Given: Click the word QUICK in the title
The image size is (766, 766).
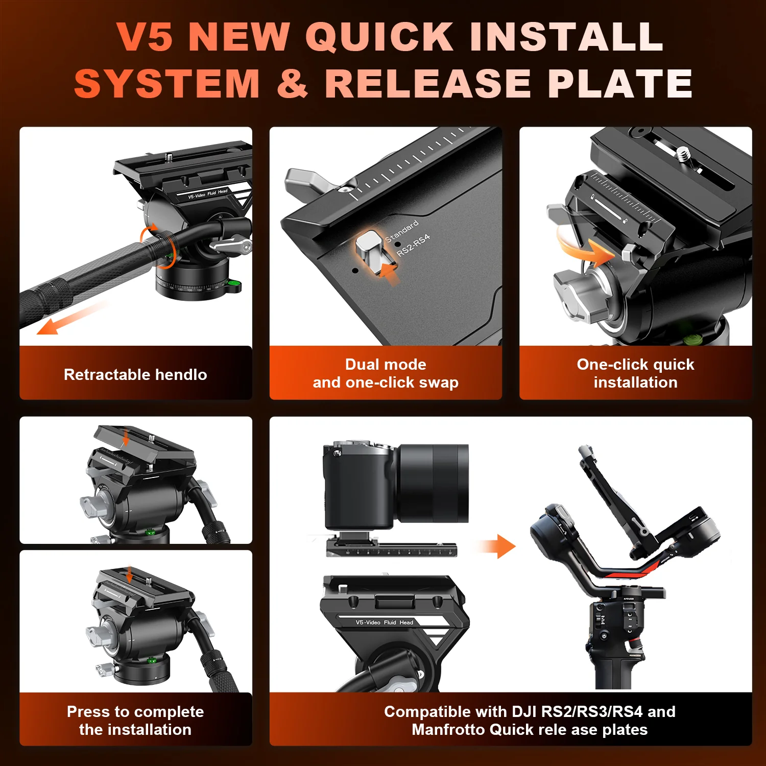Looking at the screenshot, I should [x=379, y=37].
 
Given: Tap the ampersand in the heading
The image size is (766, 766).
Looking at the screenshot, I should [x=292, y=83].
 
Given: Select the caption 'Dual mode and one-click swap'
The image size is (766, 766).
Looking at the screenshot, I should [x=386, y=373].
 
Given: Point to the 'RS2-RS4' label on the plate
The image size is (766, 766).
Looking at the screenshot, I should [x=413, y=245].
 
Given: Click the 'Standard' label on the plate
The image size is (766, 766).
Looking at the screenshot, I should [x=401, y=231].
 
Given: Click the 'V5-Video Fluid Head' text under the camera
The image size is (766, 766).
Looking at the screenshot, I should [x=384, y=622].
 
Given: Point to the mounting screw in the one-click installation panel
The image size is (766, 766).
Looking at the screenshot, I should [x=683, y=152].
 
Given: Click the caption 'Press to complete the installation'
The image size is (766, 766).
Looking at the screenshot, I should [x=135, y=720].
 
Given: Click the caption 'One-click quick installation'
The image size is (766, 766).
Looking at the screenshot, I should [x=635, y=373].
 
